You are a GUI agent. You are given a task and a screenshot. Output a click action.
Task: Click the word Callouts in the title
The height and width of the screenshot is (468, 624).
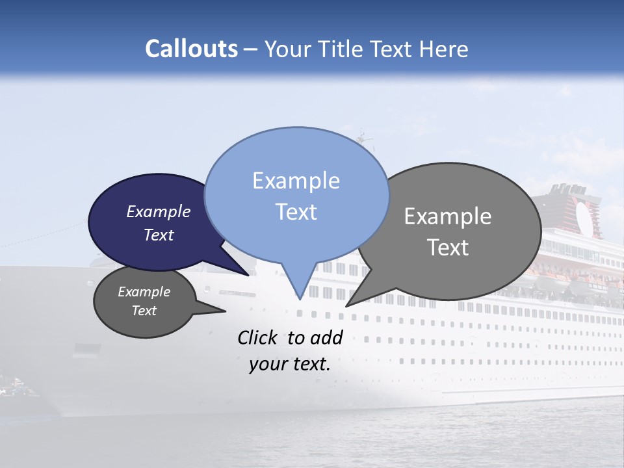[191, 49]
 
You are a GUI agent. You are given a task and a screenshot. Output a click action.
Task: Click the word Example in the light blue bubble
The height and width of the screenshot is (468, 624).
[296, 181]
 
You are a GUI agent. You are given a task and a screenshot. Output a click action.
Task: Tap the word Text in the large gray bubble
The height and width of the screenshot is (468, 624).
[447, 248]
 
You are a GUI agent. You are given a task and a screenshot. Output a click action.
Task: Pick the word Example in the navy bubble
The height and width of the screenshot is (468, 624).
[158, 212]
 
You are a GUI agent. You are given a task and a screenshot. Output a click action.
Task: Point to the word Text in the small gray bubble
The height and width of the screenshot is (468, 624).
[144, 311]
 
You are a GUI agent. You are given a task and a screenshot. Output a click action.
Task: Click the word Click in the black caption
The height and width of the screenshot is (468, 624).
[257, 337]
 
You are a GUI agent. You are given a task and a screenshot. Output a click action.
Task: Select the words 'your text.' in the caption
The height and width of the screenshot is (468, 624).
[289, 364]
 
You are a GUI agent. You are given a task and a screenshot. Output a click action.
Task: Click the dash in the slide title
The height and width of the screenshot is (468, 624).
[251, 49]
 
